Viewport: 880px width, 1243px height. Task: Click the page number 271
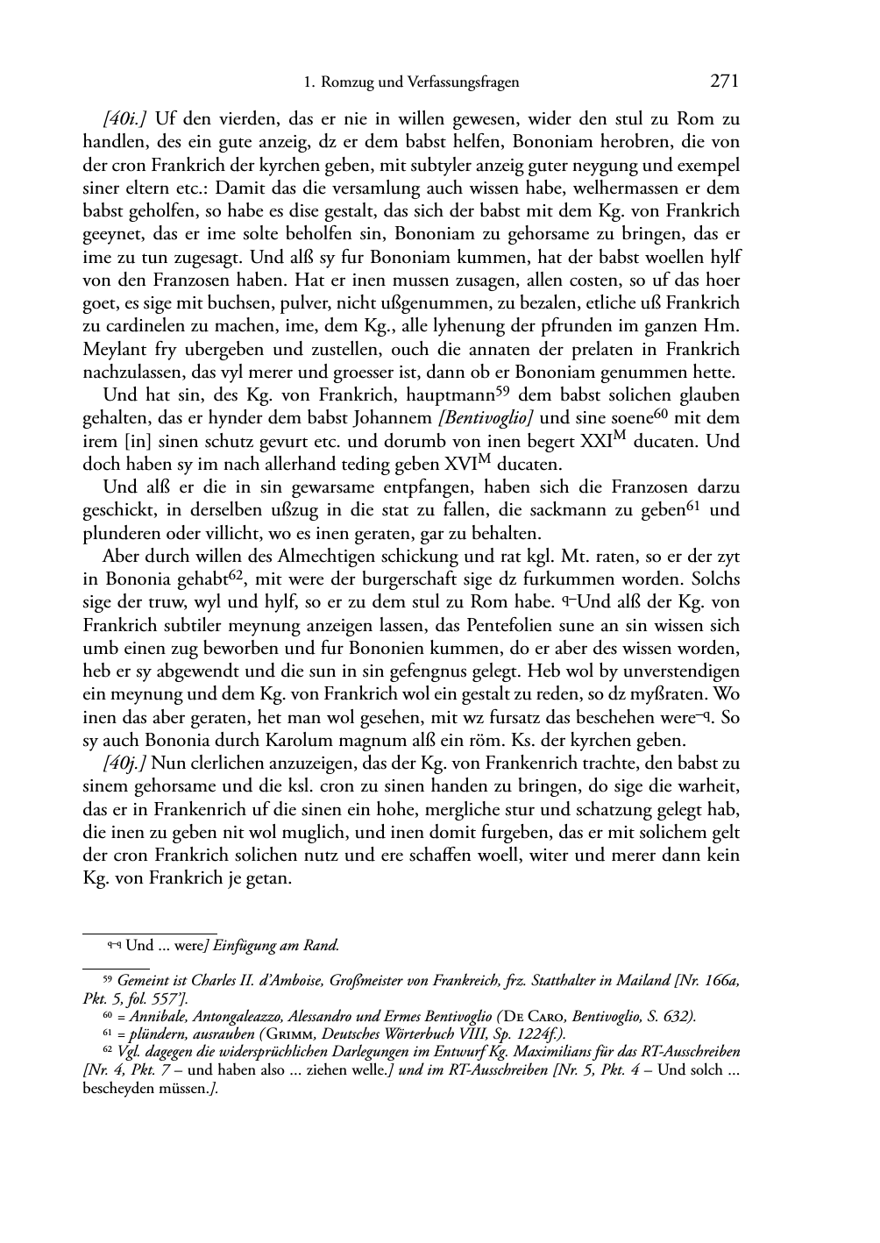click(x=724, y=82)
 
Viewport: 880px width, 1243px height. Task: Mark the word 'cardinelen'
click(x=124, y=326)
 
